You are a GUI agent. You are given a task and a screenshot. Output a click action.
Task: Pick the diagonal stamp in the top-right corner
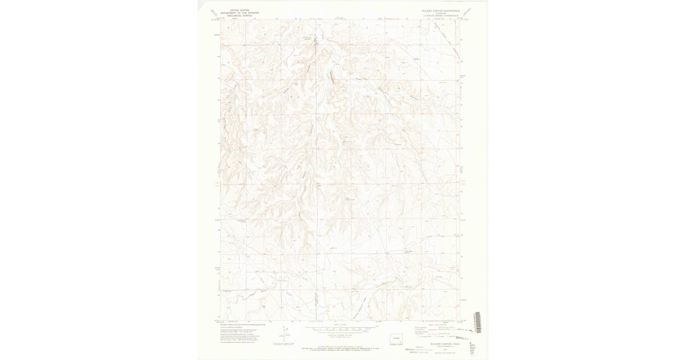467,11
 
